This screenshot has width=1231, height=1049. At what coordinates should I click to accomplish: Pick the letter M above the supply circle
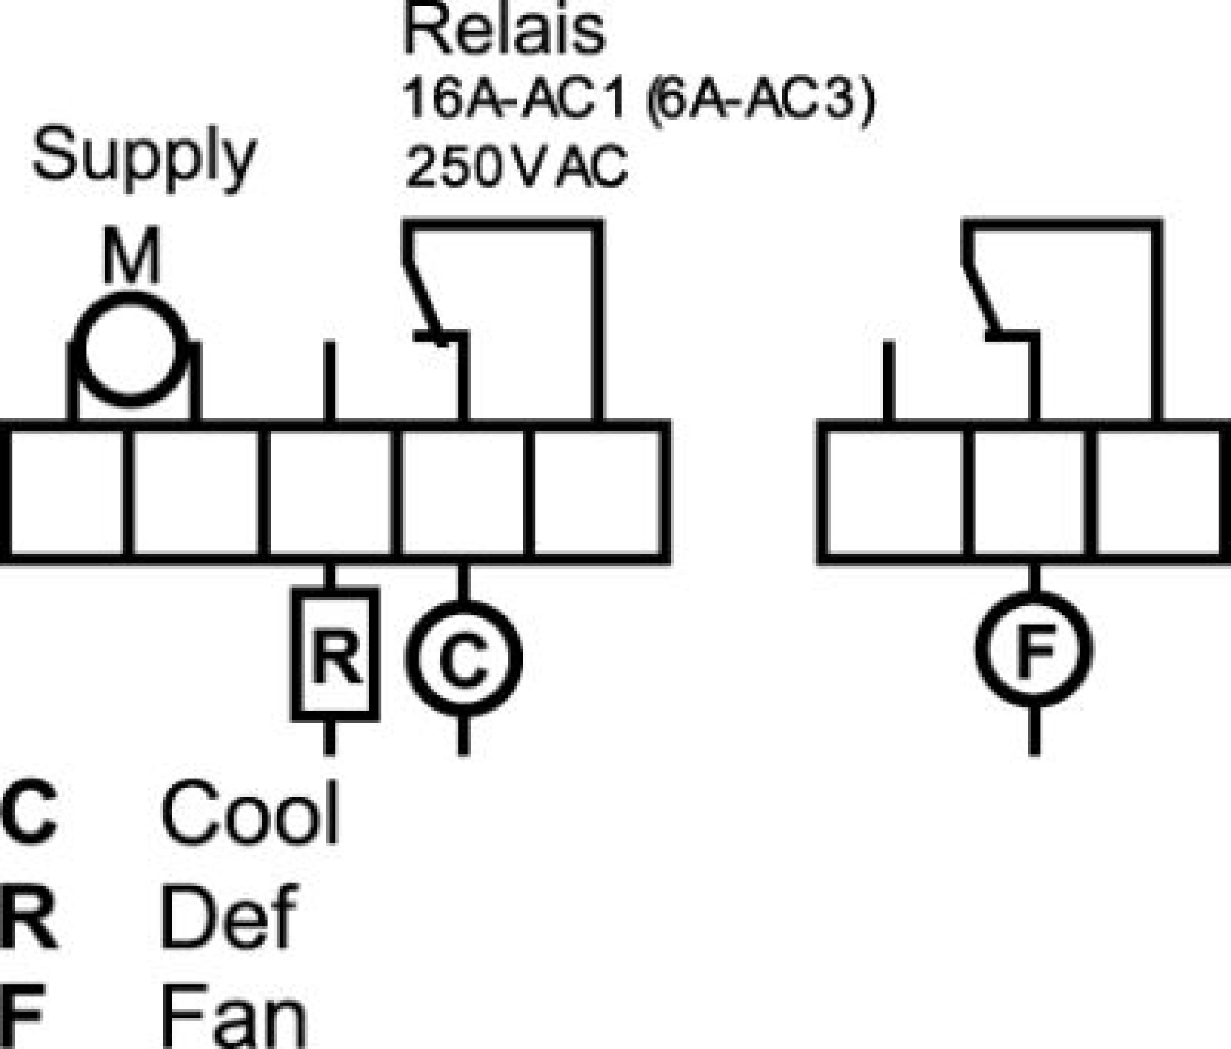131,256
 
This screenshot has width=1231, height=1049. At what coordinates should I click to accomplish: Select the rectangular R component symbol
335,654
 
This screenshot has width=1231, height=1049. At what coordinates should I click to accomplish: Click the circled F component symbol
1034,649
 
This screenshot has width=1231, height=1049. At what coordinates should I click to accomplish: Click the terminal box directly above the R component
330,492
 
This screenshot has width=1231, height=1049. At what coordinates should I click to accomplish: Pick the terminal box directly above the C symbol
463,492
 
